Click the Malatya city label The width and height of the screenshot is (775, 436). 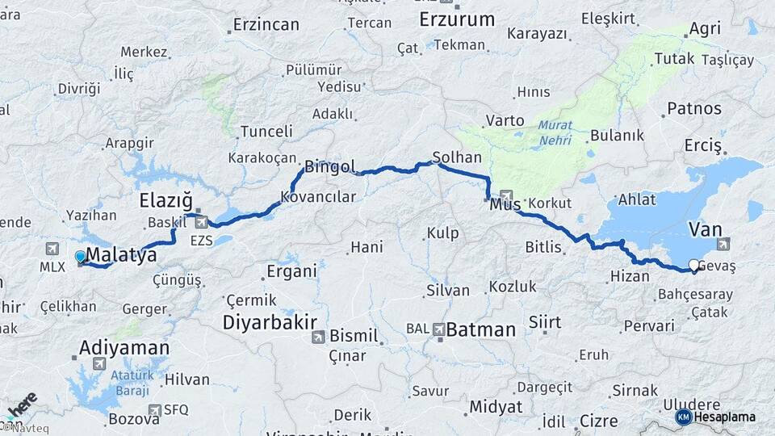point(121,256)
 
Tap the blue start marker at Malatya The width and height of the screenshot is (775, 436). point(80,257)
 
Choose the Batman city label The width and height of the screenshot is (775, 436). point(480,329)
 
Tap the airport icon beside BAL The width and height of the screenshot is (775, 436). point(438,329)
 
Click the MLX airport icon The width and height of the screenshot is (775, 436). point(53,248)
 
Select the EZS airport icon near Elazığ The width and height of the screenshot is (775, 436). point(201,221)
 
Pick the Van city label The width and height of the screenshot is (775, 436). point(705,230)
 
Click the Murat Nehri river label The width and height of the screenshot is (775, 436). point(555,131)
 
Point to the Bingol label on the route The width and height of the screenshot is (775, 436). point(329,167)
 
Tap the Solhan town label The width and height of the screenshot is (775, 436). point(457,157)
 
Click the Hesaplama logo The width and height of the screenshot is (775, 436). point(716,417)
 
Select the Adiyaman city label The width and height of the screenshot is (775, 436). point(124,348)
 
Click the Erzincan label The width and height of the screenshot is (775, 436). point(266,24)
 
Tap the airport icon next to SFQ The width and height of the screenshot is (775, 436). point(155,410)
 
